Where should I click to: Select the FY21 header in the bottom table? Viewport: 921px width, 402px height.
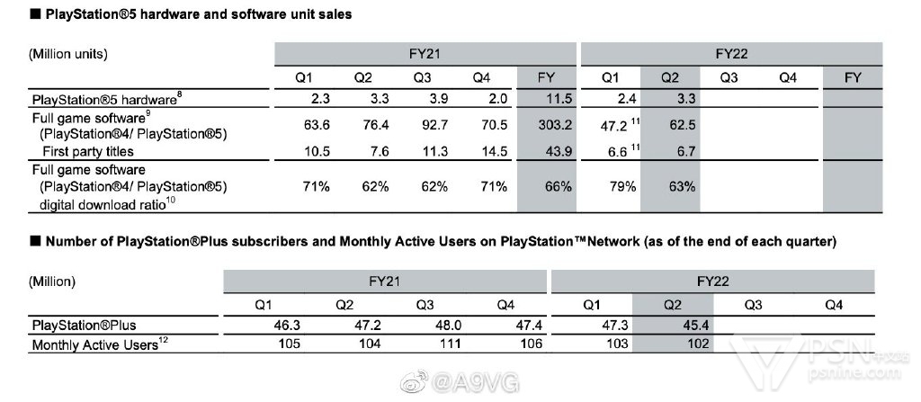point(385,281)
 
